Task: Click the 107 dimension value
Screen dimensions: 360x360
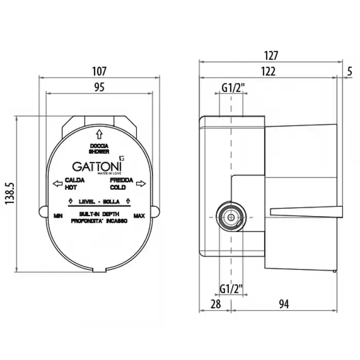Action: click(x=99, y=71)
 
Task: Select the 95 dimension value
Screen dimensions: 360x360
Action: click(x=99, y=87)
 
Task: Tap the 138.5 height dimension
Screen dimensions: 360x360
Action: click(x=10, y=193)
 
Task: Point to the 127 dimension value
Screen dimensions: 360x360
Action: click(x=271, y=56)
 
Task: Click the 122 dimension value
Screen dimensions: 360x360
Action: click(x=268, y=71)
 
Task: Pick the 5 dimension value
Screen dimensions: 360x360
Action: click(x=349, y=71)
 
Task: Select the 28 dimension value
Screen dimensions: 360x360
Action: click(x=215, y=304)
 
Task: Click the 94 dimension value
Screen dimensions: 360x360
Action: click(x=284, y=304)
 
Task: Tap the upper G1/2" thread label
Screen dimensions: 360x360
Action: click(x=233, y=87)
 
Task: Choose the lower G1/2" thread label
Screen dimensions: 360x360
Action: click(x=231, y=289)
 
